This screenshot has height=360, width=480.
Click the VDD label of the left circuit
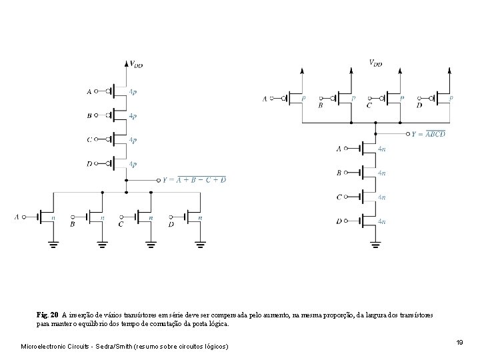coord(136,65)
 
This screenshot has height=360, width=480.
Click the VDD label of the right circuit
coord(375,63)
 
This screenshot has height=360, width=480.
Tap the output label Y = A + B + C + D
coord(195,180)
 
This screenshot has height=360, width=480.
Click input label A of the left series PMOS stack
coord(89,91)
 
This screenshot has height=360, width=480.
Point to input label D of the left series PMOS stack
coord(89,164)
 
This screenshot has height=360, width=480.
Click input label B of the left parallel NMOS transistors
coord(72,225)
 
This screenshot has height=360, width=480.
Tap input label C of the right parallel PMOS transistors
coord(369,105)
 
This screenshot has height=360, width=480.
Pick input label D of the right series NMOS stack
coord(339,221)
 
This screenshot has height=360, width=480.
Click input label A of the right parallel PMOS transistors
coord(265,99)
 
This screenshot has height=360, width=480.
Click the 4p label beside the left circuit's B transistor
coord(133,115)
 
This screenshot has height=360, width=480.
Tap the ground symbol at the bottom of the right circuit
coord(376,246)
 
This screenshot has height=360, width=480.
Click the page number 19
coord(459,342)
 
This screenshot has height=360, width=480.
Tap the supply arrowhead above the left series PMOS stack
coord(126,64)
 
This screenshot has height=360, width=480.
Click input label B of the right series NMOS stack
coord(339,173)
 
